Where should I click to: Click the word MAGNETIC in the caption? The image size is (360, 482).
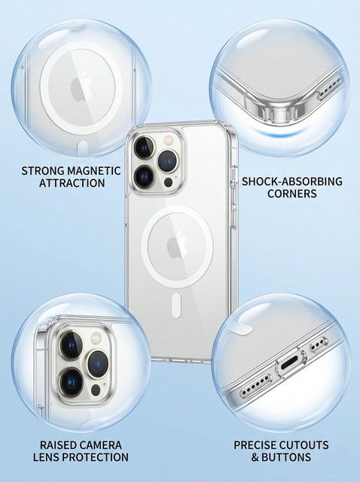coord(94,171)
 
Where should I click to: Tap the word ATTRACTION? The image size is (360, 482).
coord(72,183)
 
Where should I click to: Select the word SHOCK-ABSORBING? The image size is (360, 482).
coord(291,182)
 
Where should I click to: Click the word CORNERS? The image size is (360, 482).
coord(291,194)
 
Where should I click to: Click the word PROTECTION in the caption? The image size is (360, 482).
coord(97,457)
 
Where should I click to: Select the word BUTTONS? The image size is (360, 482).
coord(286,457)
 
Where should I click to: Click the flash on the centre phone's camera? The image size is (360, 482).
coord(169,141)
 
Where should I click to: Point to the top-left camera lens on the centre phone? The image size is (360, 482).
coord(144,147)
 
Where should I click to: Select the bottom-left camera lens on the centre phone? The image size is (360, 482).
coord(144,177)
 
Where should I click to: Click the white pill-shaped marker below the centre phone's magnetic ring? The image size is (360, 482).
coord(176,305)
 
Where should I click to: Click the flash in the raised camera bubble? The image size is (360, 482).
coord(96,338)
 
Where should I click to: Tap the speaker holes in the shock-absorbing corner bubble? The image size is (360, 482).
coord(330,87)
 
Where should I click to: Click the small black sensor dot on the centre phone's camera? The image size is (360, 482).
coord(168,182)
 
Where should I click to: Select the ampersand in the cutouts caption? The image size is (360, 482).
coord(255,457)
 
